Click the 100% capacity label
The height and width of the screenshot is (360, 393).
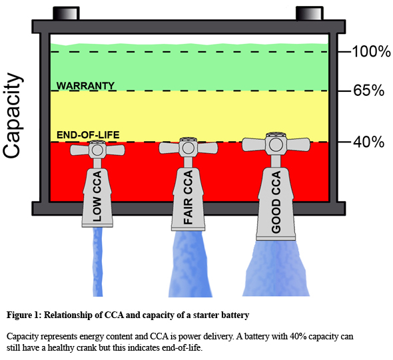tap(372, 52)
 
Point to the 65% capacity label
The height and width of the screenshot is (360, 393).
tap(369, 90)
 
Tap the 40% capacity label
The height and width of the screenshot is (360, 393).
tap(369, 142)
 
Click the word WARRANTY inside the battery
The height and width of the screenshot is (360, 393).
tap(85, 86)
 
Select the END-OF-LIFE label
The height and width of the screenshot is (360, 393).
tap(88, 135)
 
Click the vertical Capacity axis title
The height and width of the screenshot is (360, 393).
tap(12, 116)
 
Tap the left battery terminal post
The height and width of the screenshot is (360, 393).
tap(66, 13)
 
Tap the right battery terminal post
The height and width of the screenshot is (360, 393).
tap(310, 13)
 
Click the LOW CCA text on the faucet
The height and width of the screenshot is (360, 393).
tap(97, 196)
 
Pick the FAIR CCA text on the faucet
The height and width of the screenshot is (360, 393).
tap(188, 197)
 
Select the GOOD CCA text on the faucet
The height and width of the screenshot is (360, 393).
tap(276, 202)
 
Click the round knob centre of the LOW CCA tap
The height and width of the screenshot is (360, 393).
tap(97, 150)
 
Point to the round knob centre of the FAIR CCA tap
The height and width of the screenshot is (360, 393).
tap(189, 148)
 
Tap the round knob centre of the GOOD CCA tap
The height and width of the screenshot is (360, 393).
tap(276, 144)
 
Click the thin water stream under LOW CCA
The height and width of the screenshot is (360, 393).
tap(98, 262)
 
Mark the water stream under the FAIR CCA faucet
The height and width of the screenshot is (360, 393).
tap(189, 264)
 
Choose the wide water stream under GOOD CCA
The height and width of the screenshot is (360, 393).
tap(276, 268)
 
